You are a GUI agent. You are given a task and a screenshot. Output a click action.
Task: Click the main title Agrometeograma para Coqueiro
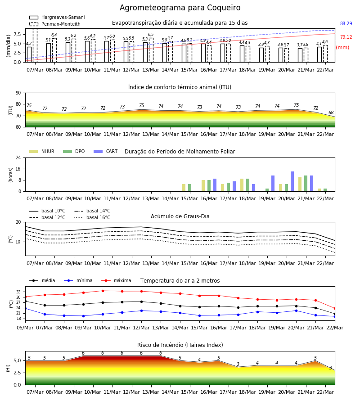[x=180, y=8]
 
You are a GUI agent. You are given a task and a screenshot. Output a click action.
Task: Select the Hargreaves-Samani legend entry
[x=57, y=17]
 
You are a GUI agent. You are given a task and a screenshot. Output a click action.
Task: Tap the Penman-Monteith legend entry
[x=55, y=24]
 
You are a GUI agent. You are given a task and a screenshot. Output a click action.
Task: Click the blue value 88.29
[x=346, y=23]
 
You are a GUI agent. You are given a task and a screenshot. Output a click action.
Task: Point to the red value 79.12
[x=346, y=37]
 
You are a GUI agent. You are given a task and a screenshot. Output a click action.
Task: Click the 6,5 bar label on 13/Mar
[x=151, y=35]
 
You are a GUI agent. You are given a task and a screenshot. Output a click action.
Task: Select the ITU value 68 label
[x=331, y=112]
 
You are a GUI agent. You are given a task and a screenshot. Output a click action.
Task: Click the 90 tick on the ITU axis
[x=18, y=93]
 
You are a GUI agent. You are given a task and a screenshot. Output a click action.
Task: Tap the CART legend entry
[x=106, y=151]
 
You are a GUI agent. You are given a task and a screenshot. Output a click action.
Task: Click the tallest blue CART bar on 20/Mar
[x=292, y=181]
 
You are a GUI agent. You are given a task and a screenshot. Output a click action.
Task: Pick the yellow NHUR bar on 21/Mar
[x=300, y=184]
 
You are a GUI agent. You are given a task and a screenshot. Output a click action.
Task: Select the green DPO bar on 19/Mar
[x=267, y=190]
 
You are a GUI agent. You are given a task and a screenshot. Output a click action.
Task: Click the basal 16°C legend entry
[x=92, y=217]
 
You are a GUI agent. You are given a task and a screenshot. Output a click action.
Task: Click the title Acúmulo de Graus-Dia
[x=180, y=216]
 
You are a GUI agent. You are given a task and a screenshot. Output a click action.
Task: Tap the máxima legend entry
[x=116, y=280]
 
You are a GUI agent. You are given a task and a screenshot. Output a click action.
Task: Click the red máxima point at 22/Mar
[x=335, y=309]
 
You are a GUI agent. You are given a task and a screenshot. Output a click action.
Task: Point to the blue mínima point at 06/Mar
[x=25, y=308]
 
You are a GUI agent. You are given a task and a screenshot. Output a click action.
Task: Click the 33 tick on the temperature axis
[x=18, y=292]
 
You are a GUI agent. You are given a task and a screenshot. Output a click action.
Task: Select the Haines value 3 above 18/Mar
[x=238, y=364]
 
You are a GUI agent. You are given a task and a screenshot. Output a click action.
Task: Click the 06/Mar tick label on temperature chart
[x=25, y=328]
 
